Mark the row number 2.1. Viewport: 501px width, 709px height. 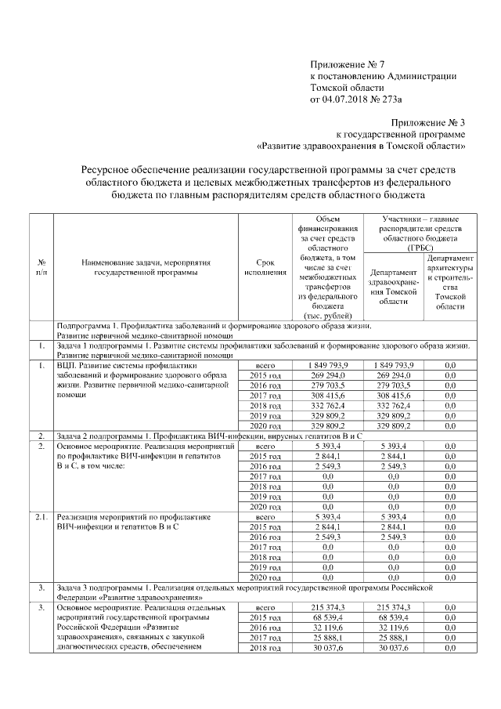coord(41,517)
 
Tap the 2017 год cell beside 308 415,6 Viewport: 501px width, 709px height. coord(265,398)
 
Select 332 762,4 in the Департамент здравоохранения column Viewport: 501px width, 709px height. coord(396,409)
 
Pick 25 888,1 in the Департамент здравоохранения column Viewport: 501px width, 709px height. coord(396,639)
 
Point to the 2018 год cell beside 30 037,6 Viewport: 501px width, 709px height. coord(265,650)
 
